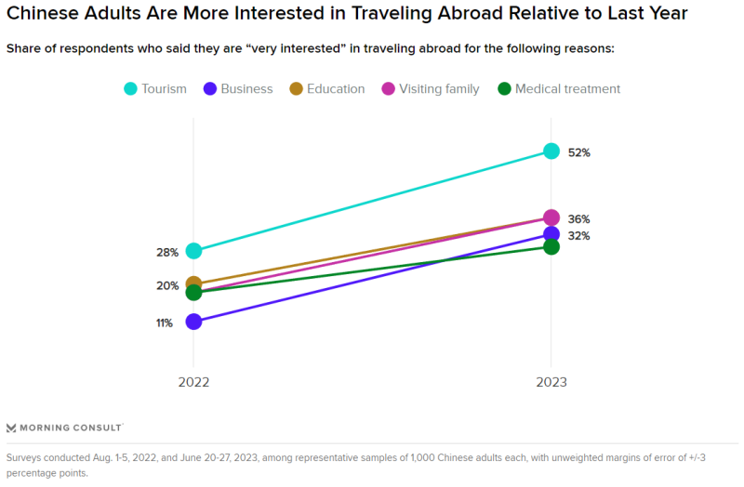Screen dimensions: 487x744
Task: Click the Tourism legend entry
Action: tap(155, 89)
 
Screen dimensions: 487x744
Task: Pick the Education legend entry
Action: tap(326, 89)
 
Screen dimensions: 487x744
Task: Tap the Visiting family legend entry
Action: tap(430, 89)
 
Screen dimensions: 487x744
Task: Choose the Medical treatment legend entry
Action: tap(558, 89)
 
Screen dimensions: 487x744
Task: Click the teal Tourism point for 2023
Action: tap(551, 151)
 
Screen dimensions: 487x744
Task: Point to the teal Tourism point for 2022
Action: tap(193, 251)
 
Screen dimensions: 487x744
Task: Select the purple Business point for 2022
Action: tap(193, 322)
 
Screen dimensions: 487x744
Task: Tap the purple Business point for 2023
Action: tap(551, 234)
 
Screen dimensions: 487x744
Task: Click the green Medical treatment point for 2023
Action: tap(551, 246)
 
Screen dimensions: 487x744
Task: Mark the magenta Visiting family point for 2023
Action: tap(551, 217)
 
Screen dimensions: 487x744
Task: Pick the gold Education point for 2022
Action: tap(193, 283)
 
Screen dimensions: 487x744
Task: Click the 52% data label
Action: tap(579, 152)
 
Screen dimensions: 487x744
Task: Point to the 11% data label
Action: tap(165, 323)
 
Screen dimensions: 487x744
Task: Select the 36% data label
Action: tap(579, 219)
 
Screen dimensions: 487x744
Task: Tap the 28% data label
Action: tap(167, 253)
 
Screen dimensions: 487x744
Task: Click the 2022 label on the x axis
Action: tap(193, 382)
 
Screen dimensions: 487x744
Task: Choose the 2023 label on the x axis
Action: tap(551, 382)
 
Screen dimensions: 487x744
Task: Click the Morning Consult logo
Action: tap(64, 428)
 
